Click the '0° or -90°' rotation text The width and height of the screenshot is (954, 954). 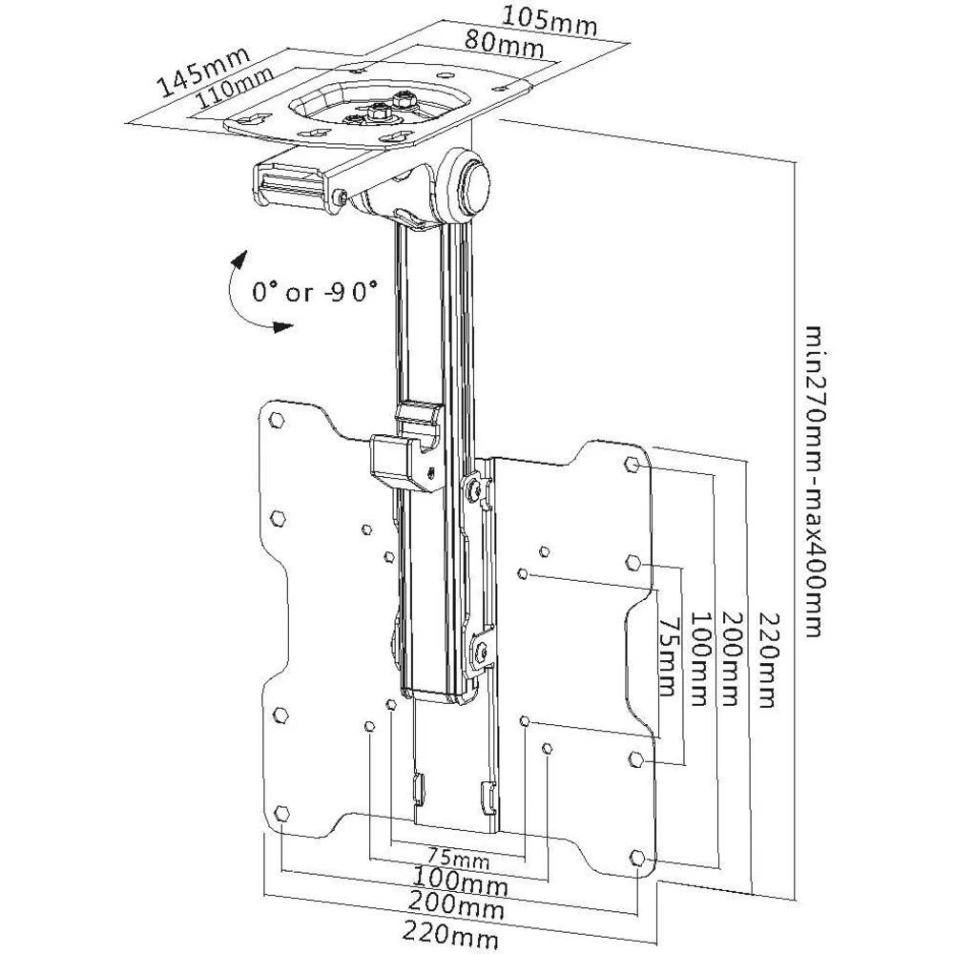click(315, 291)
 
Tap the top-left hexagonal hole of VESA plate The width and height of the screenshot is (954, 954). click(276, 419)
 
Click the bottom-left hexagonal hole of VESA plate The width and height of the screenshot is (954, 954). click(280, 813)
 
